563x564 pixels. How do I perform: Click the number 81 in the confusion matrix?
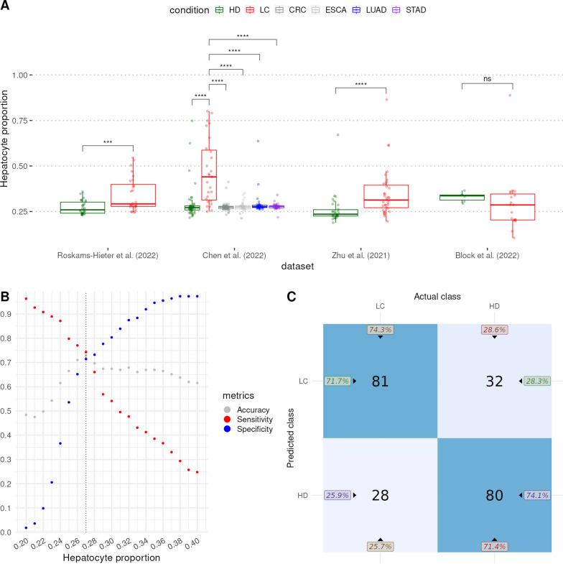[380, 381]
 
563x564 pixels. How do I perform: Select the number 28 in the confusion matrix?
[380, 495]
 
